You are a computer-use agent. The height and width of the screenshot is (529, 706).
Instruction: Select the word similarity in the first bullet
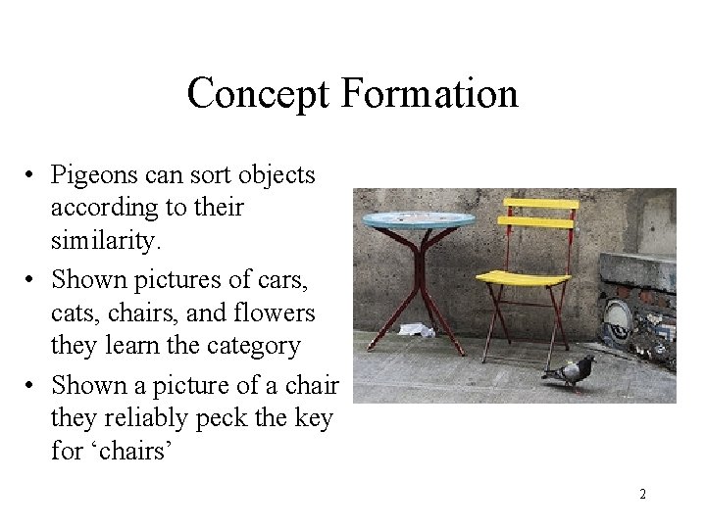103,240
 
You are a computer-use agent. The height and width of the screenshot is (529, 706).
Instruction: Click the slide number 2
642,494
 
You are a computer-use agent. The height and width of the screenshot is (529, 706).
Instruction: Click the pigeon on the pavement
571,370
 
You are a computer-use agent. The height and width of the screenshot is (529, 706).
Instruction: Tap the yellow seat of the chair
522,277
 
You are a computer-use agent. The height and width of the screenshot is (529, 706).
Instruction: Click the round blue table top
419,219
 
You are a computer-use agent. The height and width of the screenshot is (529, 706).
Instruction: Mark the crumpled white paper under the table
417,330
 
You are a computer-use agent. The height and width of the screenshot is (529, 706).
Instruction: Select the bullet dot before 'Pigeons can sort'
32,176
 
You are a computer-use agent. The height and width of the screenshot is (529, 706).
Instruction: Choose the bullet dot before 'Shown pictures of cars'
32,280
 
